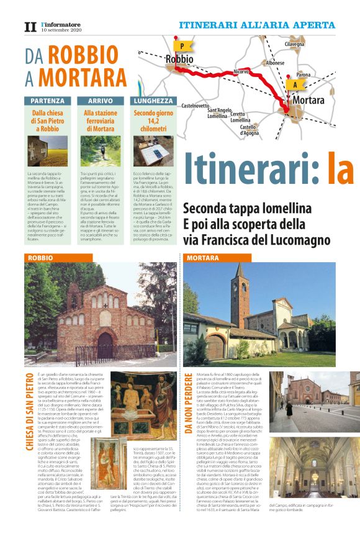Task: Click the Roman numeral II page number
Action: (x=30, y=27)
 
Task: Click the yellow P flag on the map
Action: (x=182, y=46)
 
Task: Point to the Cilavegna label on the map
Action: (x=294, y=45)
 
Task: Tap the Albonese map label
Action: (x=274, y=63)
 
